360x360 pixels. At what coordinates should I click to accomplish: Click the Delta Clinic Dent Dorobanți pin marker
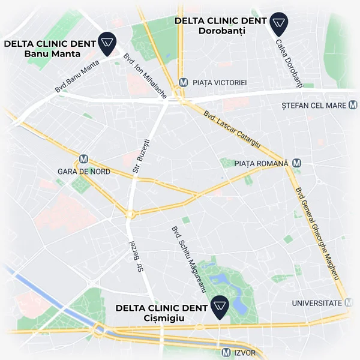pyautogui.click(x=278, y=23)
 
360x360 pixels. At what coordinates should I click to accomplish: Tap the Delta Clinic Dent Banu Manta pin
pyautogui.click(x=107, y=43)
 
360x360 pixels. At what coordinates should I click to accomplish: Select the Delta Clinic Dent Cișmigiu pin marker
pyautogui.click(x=220, y=308)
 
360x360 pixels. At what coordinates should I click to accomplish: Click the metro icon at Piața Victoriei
pyautogui.click(x=184, y=82)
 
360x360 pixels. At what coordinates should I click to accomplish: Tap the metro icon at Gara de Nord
pyautogui.click(x=83, y=160)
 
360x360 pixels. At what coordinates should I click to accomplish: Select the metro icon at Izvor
pyautogui.click(x=226, y=352)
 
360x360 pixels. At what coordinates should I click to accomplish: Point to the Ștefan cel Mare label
pyautogui.click(x=314, y=106)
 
